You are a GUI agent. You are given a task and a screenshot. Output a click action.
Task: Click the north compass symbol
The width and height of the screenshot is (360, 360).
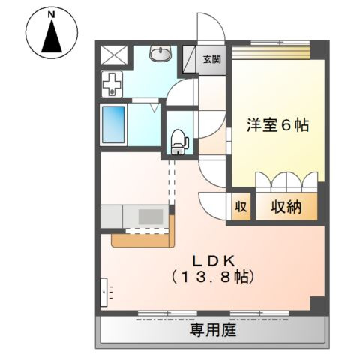(52, 35)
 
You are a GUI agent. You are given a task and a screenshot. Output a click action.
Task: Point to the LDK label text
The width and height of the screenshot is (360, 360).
(214, 260)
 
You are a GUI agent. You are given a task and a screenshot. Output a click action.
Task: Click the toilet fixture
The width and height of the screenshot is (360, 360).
(178, 140)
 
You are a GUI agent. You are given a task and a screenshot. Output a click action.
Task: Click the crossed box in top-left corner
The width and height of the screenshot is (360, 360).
(114, 55)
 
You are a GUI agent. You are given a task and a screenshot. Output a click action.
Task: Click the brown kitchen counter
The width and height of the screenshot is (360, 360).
(142, 237)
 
